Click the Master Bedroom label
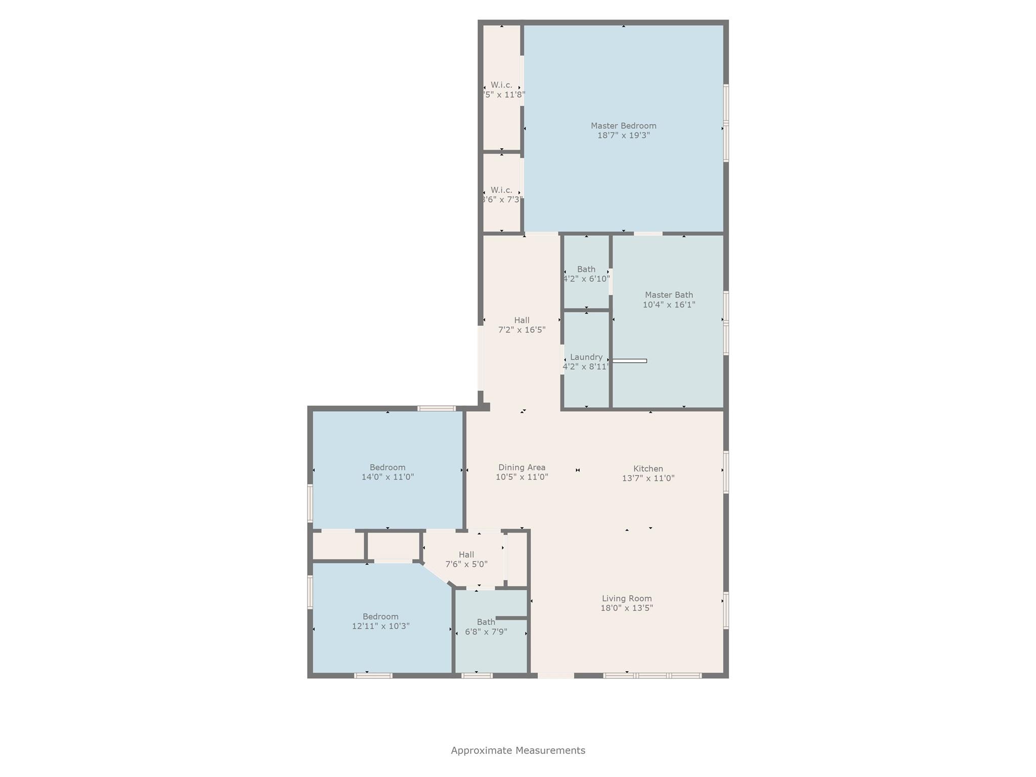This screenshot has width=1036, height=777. click(623, 125)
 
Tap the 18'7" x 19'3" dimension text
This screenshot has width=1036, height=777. click(623, 136)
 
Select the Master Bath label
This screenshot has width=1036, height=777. click(669, 295)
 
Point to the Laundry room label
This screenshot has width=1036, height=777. click(586, 357)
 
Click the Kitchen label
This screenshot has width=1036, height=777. click(648, 469)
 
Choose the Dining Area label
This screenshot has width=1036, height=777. click(522, 467)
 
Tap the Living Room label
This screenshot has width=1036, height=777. click(626, 598)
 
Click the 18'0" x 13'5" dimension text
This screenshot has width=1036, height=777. click(626, 608)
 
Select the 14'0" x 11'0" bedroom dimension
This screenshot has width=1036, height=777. click(387, 477)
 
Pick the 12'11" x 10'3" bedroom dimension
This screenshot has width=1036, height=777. click(380, 626)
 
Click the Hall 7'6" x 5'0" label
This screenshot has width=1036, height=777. click(466, 555)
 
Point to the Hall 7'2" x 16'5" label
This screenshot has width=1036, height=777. click(522, 320)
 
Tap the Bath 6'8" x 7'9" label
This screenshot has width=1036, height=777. click(486, 622)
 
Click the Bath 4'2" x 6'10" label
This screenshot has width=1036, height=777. click(586, 269)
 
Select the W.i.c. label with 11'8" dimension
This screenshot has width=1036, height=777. click(501, 85)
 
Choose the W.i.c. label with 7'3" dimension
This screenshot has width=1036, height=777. click(501, 190)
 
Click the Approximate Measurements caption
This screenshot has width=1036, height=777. click(518, 750)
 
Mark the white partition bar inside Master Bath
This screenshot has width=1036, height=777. click(629, 361)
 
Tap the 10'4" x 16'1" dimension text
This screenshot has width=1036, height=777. click(669, 305)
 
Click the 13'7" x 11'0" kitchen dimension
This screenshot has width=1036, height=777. click(648, 479)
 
